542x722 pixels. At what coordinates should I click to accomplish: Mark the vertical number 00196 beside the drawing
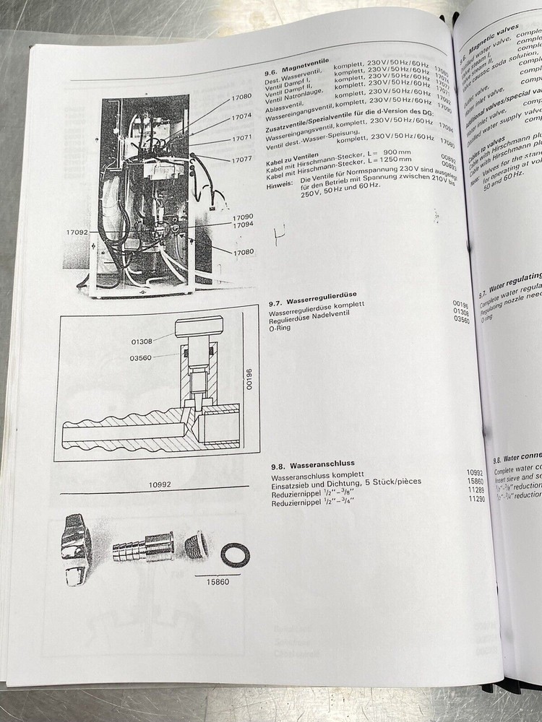(250, 379)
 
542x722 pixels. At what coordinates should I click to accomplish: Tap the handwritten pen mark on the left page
(279, 233)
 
